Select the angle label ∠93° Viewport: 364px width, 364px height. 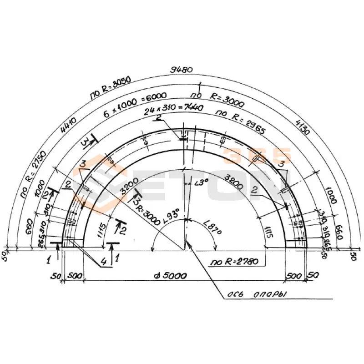(x=173, y=212)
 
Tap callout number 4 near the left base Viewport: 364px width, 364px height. (x=104, y=263)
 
